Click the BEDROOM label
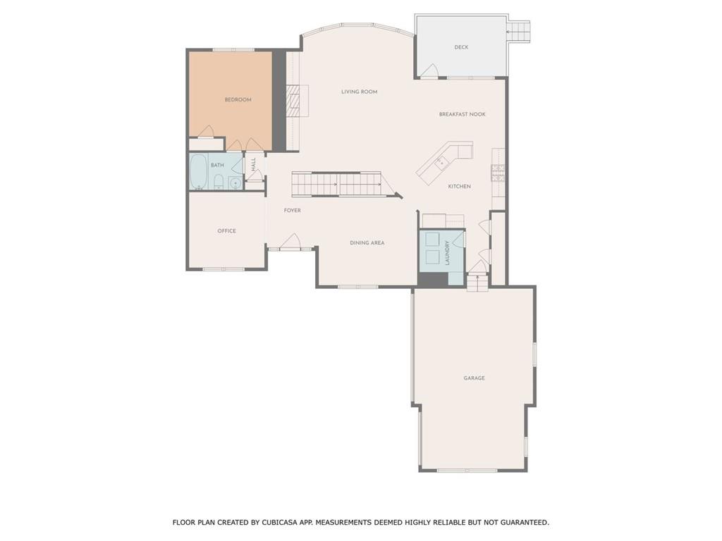238,100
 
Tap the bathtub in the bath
199,171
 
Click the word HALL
254,163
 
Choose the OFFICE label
226,231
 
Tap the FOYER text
293,211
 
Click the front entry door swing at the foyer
290,242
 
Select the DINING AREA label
367,243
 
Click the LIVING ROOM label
360,92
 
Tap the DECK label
461,47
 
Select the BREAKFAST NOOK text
463,114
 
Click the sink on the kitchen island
440,163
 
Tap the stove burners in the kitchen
498,173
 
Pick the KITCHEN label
460,187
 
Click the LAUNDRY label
447,252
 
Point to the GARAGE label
474,378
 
